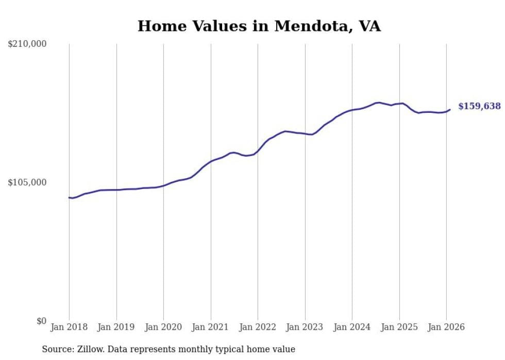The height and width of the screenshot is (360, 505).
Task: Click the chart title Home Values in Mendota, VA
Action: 259,26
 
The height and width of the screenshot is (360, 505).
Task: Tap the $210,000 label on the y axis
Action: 27,44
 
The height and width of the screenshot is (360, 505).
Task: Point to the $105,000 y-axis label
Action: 27,182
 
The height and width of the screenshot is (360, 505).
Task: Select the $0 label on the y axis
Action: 41,321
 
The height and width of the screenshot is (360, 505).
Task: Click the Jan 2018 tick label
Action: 69,327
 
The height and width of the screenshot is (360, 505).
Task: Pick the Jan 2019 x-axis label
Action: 116,327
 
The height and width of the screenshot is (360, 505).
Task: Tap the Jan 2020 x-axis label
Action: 163,327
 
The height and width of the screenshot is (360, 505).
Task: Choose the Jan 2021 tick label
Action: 210,327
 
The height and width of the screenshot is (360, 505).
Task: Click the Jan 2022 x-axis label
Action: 258,327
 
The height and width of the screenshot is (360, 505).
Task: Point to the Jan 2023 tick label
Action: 305,327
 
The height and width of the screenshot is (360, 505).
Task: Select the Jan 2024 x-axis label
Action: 352,327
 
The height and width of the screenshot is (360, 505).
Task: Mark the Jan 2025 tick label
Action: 399,327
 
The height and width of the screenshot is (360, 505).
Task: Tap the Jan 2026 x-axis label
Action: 446,327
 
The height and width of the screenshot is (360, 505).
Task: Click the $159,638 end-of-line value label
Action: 479,106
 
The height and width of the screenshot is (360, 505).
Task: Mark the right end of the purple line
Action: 450,109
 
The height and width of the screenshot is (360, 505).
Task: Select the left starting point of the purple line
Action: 69,197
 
